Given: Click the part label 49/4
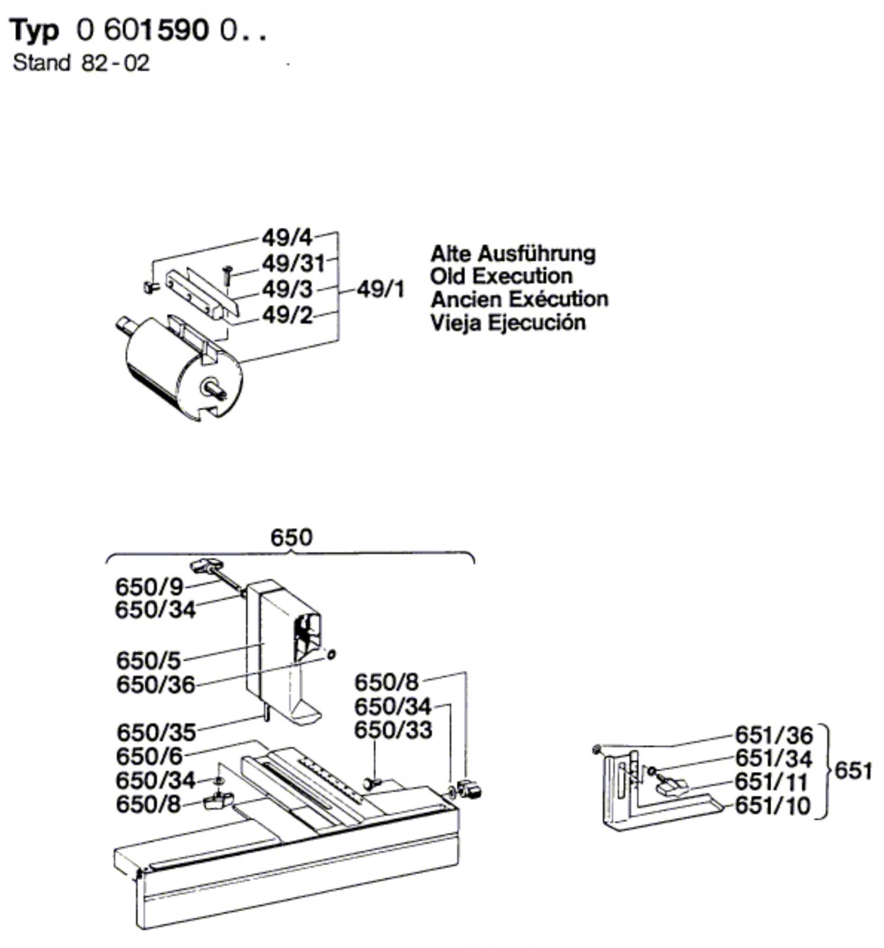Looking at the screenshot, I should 287,238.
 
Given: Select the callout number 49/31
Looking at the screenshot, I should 293,264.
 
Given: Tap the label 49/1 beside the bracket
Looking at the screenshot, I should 381,290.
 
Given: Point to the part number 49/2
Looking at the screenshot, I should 287,316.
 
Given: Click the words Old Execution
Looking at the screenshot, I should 501,276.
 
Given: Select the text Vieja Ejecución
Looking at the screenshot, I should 508,323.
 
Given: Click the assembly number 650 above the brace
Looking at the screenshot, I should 291,537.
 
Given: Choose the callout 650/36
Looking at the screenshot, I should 155,685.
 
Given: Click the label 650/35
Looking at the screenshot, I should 156,733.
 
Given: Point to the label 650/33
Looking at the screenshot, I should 393,730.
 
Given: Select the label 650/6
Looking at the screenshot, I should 149,757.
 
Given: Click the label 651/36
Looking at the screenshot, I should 774,735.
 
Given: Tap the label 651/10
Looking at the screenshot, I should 772,806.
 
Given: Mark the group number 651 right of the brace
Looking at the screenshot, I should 853,771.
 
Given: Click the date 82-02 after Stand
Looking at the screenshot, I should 116,63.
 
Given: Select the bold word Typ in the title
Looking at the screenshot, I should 36,31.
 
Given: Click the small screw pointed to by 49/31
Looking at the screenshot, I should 226,277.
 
